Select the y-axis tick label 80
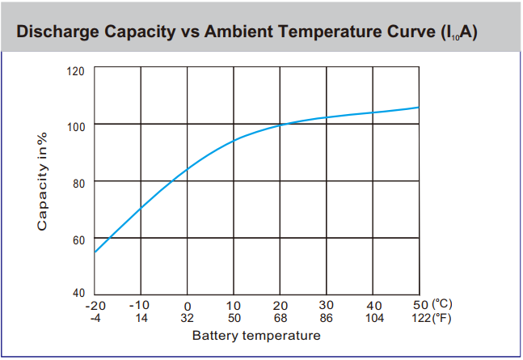[78, 183]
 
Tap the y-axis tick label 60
[78, 240]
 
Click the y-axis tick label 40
[78, 293]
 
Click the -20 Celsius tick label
[95, 305]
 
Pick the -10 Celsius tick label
[141, 305]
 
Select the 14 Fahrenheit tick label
[141, 318]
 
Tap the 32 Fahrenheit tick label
[188, 318]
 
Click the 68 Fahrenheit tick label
[280, 318]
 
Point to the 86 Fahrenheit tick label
[327, 318]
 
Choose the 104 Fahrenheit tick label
[373, 318]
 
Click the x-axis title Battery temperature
[256, 336]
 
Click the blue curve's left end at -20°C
[95, 252]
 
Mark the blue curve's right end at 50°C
[419, 107]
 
